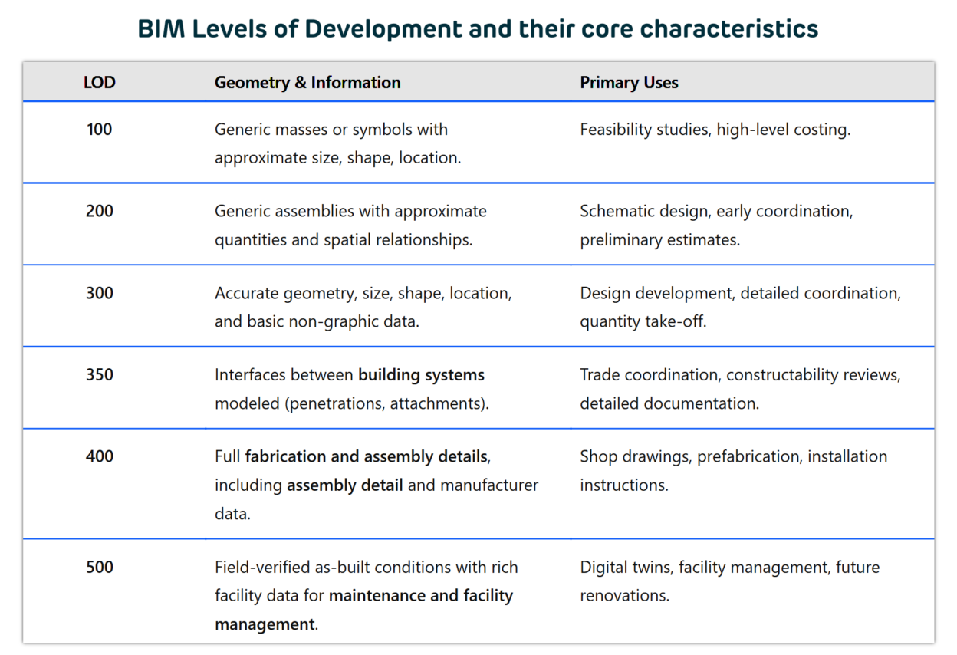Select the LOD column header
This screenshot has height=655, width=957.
click(100, 82)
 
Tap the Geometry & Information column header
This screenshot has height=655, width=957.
click(307, 82)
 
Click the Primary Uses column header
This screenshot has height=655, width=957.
click(629, 82)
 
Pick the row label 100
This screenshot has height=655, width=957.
click(100, 129)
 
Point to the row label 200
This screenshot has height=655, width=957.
click(100, 211)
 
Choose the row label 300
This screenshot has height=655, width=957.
click(100, 293)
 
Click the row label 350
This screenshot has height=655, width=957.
click(100, 374)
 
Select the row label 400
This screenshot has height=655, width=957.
click(100, 456)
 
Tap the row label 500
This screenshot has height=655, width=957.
click(100, 567)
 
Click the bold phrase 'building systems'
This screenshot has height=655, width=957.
click(421, 374)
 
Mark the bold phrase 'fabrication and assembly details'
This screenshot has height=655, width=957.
click(366, 456)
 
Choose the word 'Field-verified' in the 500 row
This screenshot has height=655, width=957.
click(263, 567)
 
